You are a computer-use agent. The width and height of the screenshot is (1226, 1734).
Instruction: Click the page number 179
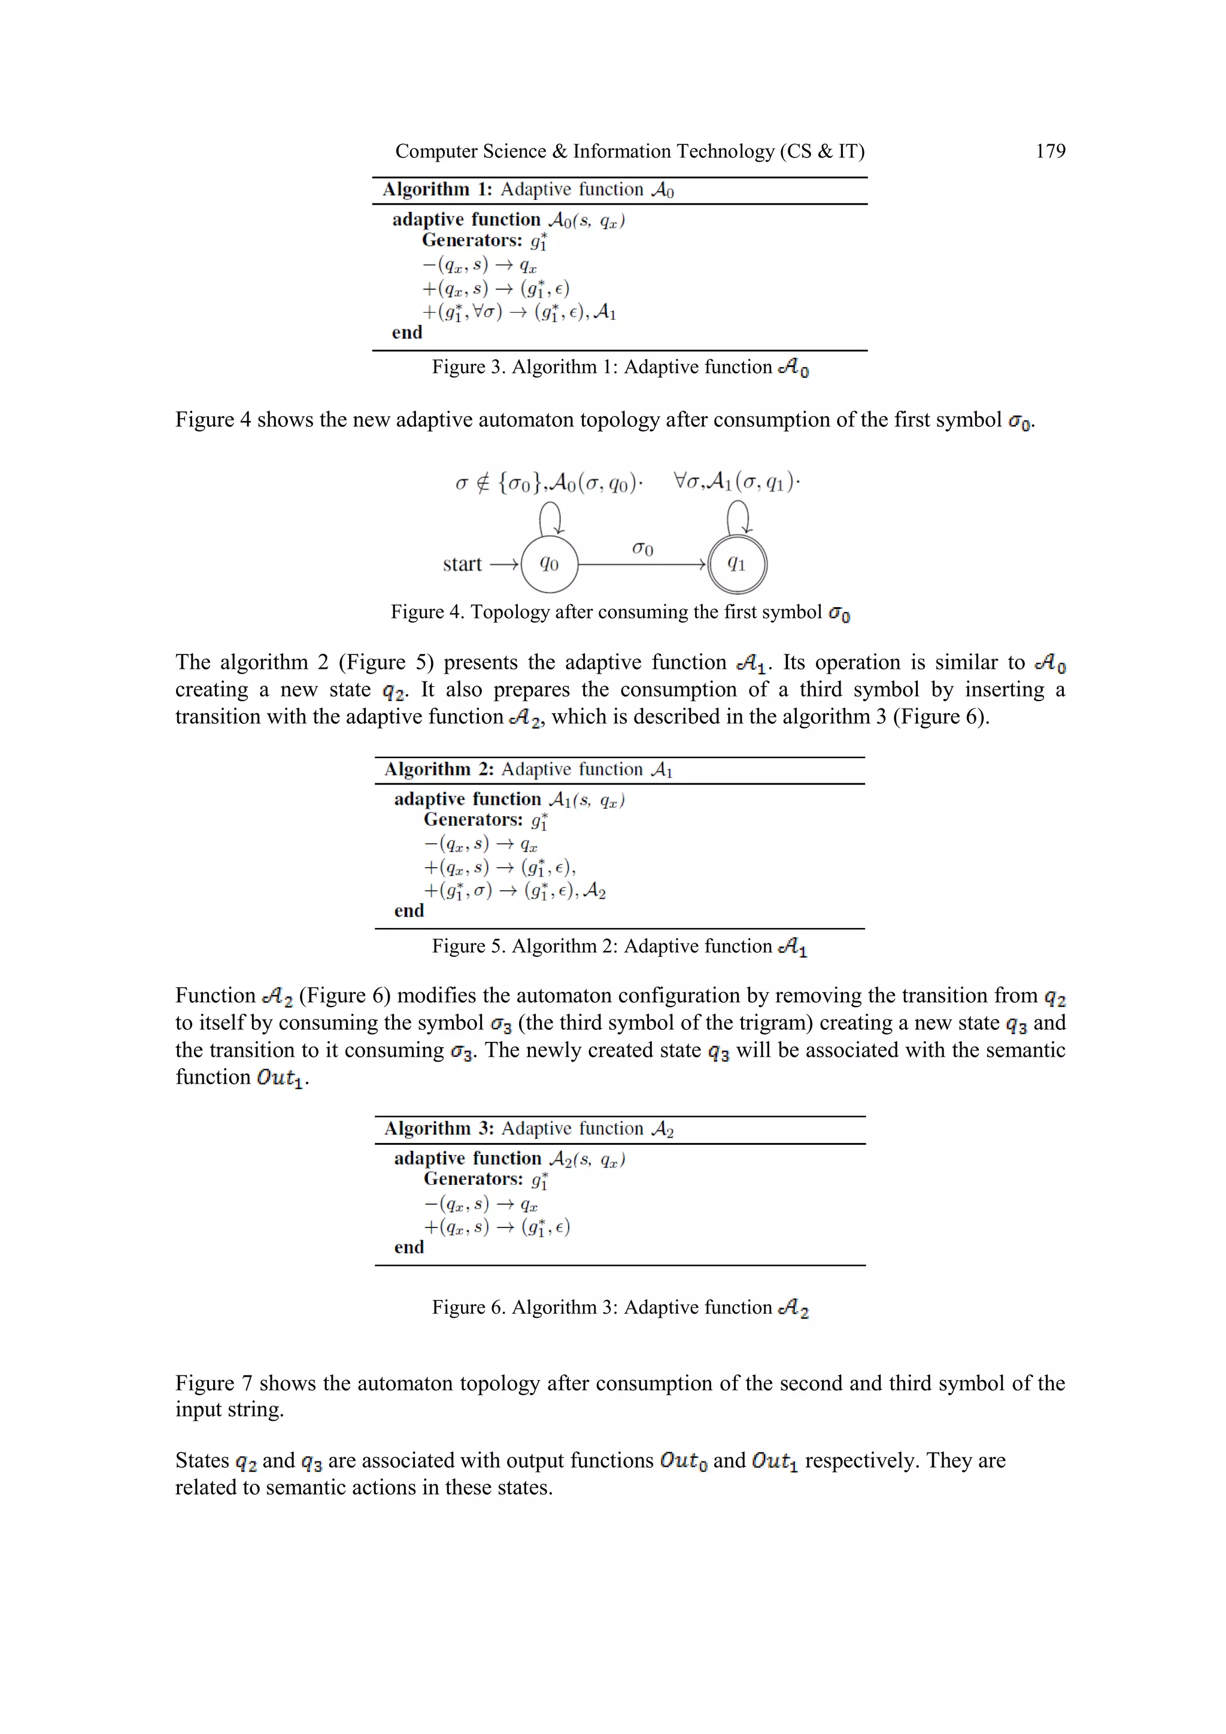click(x=1050, y=151)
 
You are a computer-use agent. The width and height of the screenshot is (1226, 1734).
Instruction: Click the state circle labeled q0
click(x=549, y=564)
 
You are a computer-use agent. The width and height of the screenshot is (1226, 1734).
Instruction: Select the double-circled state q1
click(x=737, y=564)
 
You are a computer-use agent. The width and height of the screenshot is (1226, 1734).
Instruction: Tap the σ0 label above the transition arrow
click(x=642, y=548)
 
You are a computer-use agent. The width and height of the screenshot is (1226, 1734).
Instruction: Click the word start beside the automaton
click(x=462, y=564)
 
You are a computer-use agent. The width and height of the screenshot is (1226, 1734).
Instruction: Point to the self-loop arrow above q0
click(x=550, y=519)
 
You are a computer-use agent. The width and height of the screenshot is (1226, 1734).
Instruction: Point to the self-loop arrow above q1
click(x=738, y=519)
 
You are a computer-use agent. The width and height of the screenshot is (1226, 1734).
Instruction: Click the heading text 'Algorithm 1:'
click(x=437, y=190)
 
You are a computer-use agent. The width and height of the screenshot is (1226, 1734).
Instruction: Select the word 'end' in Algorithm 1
click(x=407, y=333)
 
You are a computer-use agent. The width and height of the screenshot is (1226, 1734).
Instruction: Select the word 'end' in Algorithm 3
click(x=409, y=1247)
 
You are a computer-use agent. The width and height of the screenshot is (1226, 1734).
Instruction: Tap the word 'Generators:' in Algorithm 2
click(x=474, y=820)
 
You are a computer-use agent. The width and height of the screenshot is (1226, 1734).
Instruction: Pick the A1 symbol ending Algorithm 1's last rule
click(x=605, y=312)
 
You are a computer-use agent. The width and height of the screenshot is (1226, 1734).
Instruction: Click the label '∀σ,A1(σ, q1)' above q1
click(x=736, y=482)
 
